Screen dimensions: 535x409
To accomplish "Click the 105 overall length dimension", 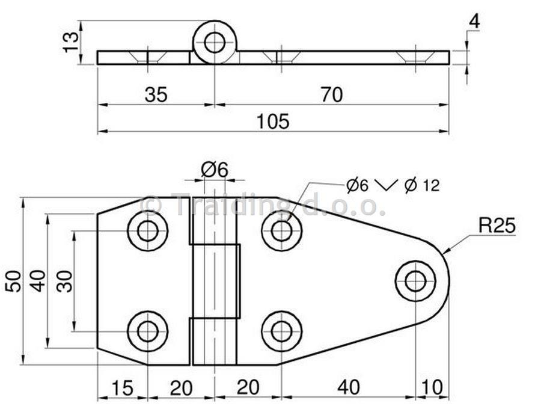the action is tap(273, 121).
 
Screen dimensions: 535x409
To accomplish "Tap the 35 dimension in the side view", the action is tap(156, 94).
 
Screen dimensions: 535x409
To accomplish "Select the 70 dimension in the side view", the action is tap(332, 94).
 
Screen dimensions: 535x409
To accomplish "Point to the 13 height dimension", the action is tap(72, 42).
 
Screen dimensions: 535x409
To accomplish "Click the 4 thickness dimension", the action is tap(474, 22).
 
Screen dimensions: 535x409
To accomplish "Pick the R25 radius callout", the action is tap(497, 226).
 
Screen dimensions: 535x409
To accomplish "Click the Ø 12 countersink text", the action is tap(422, 185).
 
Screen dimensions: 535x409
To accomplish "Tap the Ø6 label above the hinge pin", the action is tap(214, 170).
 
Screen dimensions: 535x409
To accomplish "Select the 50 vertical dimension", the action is tap(13, 281).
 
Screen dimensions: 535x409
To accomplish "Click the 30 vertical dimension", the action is tap(65, 281).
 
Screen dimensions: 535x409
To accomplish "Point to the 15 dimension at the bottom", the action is tap(122, 388).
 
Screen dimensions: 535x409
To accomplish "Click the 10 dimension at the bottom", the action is tap(432, 387).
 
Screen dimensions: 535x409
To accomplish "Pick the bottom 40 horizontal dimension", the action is tap(349, 387).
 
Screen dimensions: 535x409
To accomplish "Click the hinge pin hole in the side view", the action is tap(215, 42).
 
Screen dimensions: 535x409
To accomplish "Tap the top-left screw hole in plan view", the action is tap(148, 231).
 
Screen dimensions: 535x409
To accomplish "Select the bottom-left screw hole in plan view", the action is tap(148, 331).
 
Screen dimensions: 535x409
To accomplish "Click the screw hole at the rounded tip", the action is tap(415, 281).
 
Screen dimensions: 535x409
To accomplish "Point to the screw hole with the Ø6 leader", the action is tap(282, 231).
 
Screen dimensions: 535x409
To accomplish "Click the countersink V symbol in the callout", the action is tap(387, 185).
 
